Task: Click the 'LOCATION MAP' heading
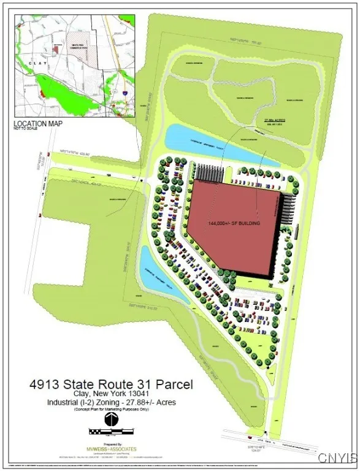pos(38,123)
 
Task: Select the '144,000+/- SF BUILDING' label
pos(234,223)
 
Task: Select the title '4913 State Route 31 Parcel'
pos(111,385)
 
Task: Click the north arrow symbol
pos(111,421)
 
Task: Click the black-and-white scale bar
pos(111,432)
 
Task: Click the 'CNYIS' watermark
pos(337,458)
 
